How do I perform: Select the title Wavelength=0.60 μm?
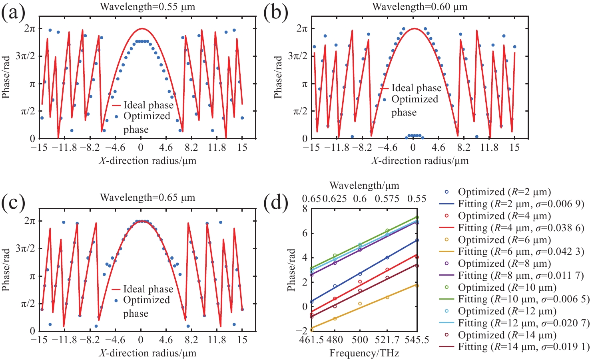coord(420,7)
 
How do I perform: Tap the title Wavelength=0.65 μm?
coord(147,198)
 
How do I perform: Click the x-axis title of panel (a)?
coord(147,161)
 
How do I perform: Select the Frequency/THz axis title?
coord(364,353)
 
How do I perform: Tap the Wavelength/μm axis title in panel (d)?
coord(364,186)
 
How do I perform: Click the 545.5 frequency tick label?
coord(417,340)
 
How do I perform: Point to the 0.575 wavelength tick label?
coord(387,199)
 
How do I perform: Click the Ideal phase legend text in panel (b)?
coord(416,88)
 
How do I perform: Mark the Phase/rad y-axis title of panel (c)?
coord(7,276)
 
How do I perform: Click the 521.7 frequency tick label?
coord(387,340)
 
